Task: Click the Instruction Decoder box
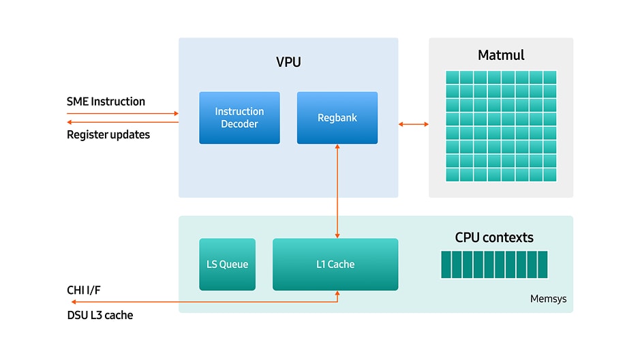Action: coord(239,118)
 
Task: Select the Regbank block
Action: coord(337,118)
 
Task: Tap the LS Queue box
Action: coord(227,265)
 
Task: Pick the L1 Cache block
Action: coord(335,265)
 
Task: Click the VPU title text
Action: coord(288,62)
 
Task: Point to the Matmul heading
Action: coord(501,55)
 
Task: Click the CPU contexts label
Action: coord(494,237)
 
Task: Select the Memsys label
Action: coord(548,299)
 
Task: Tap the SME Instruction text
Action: coord(106,102)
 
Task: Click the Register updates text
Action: coord(108,134)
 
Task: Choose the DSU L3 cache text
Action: coord(100,315)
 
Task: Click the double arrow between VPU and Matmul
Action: coord(414,124)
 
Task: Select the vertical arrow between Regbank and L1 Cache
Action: coord(337,191)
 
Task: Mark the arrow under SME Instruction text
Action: coord(123,113)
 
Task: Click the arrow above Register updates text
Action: coord(123,123)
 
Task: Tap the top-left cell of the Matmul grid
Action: coord(453,78)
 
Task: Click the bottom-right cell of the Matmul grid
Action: coord(549,175)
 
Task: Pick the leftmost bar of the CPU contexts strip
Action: coord(445,265)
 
